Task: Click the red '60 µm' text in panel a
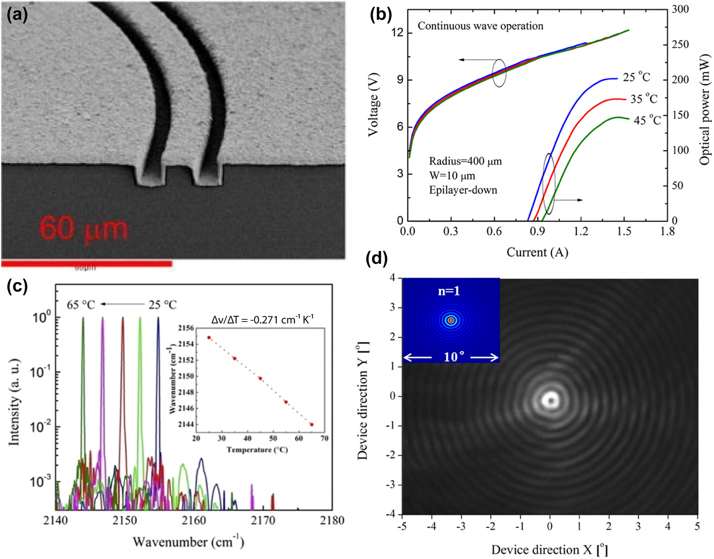(84, 228)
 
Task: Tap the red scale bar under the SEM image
(86, 263)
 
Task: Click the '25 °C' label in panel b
(637, 77)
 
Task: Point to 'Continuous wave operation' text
(480, 26)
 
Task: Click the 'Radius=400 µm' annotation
(465, 161)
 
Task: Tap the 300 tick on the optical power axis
(680, 9)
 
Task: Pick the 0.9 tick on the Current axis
(537, 232)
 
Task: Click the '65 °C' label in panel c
(80, 305)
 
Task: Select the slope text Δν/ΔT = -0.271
(263, 319)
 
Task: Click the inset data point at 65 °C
(312, 425)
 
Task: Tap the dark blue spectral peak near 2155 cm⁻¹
(158, 327)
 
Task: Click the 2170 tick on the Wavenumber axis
(263, 520)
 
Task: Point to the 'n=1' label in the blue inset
(449, 291)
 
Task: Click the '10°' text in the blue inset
(454, 357)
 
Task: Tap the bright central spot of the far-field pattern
(550, 400)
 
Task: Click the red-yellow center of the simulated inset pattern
(451, 320)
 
